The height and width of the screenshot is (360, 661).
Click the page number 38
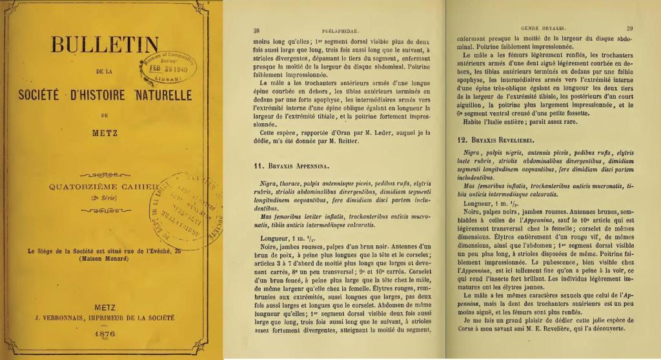coord(257,30)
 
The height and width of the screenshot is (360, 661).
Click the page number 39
coord(629,28)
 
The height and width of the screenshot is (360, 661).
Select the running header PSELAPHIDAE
coord(336,30)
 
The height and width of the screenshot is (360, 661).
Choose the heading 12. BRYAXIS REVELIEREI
coord(496,140)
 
